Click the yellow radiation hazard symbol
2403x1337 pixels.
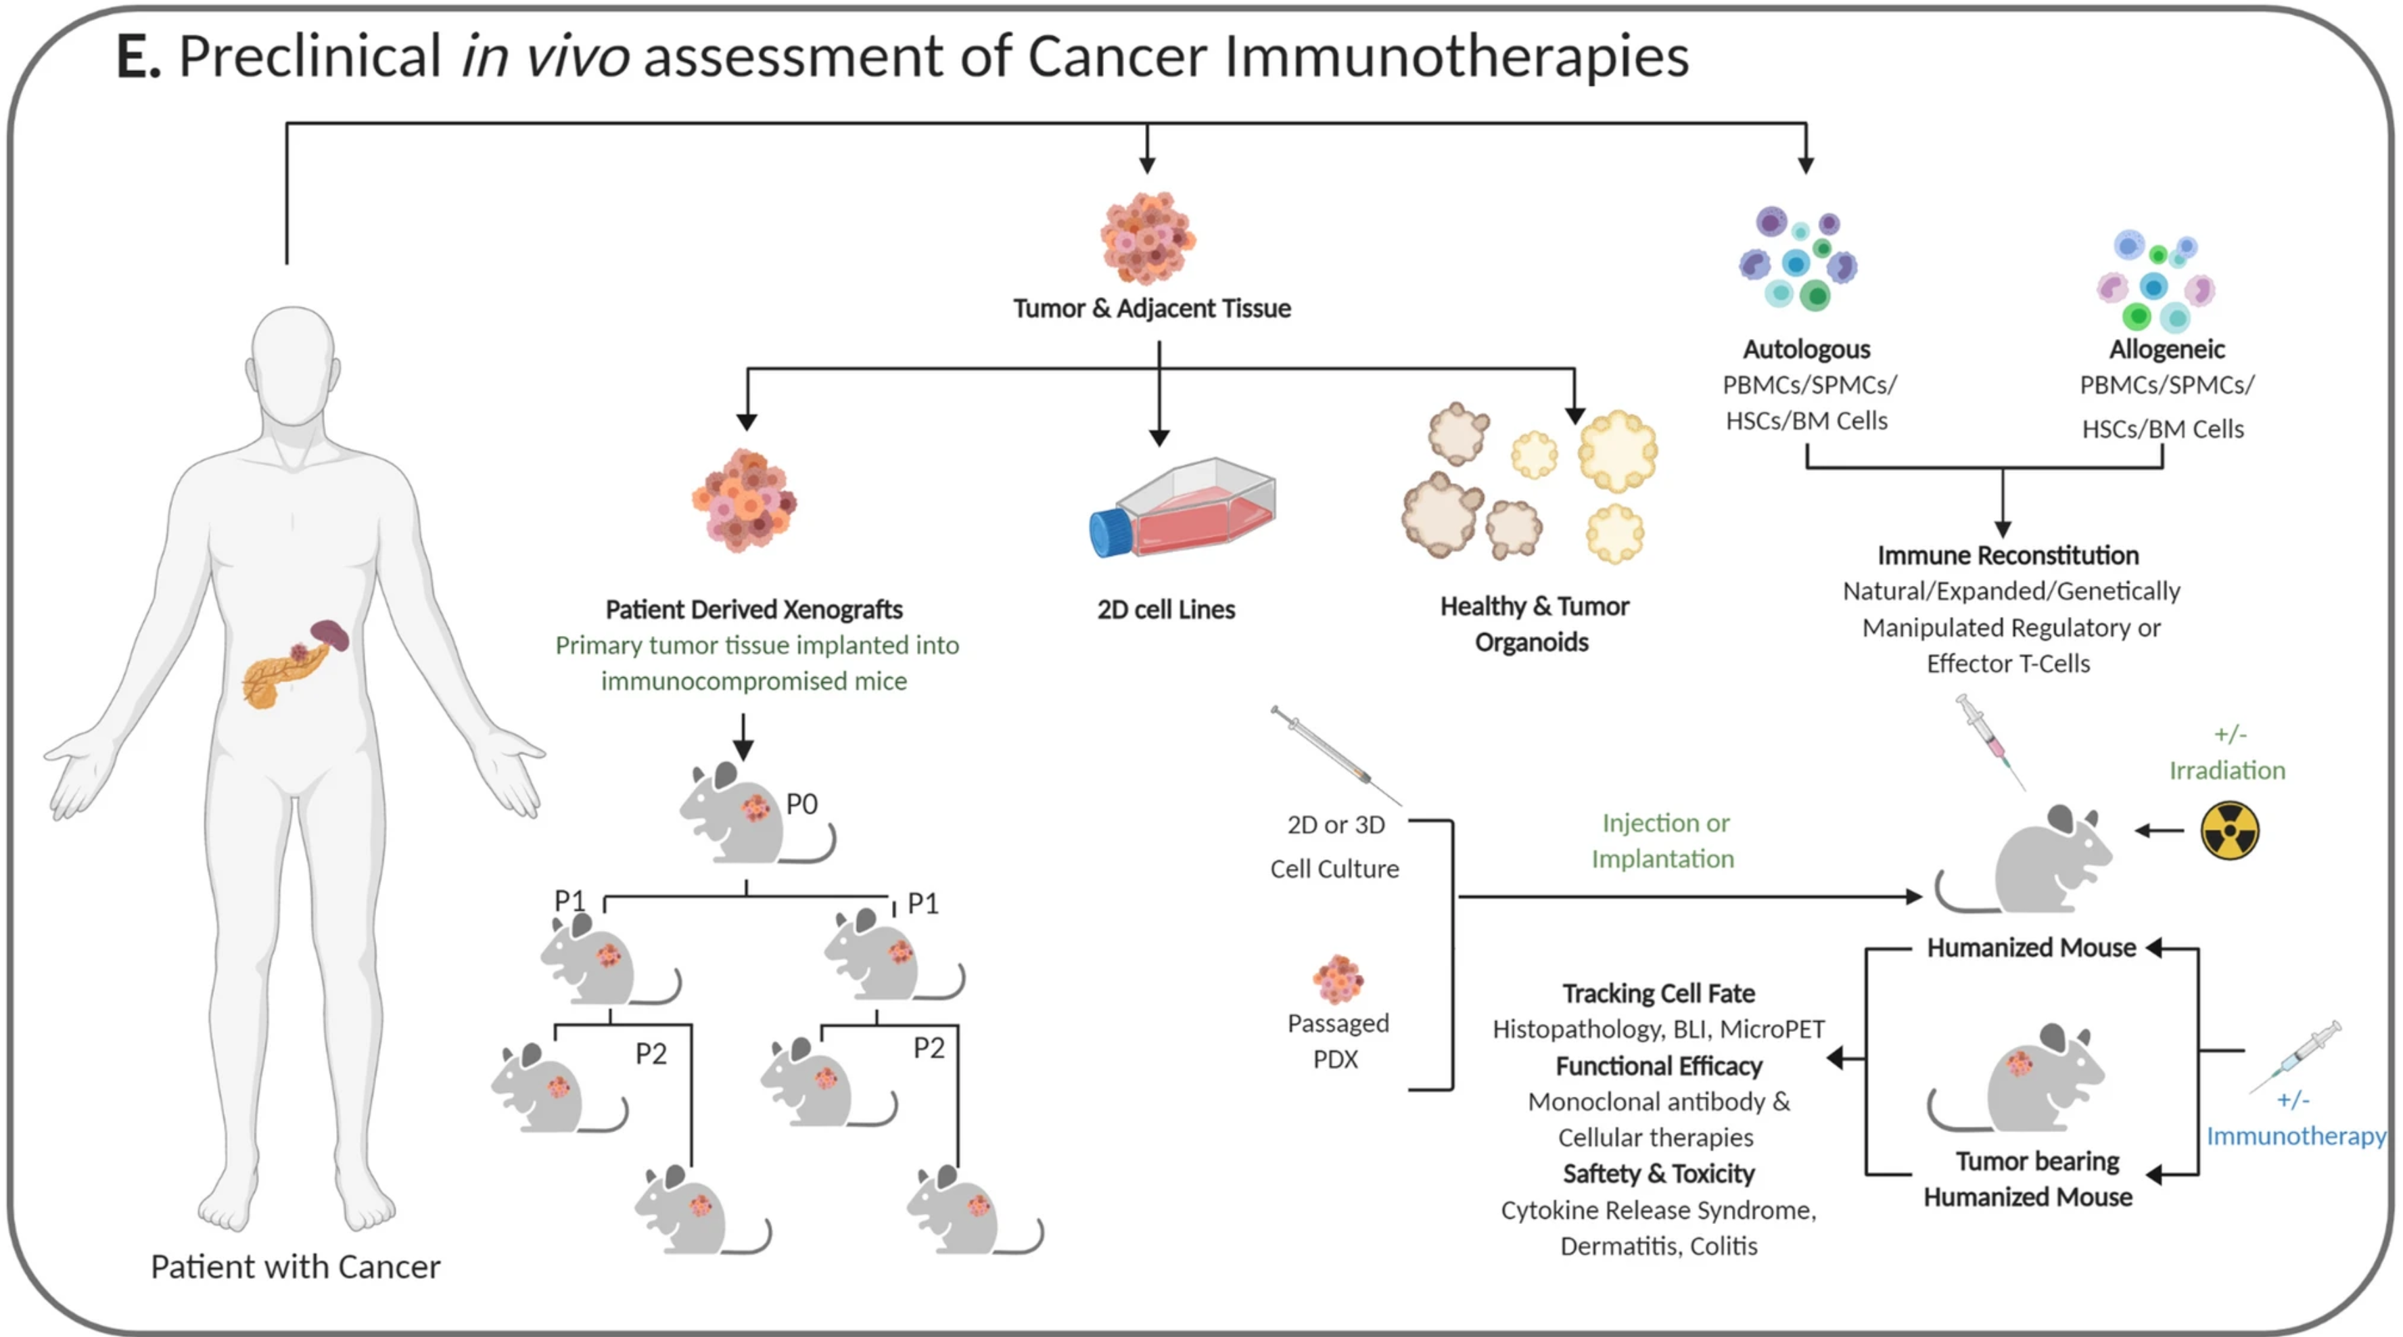click(2229, 830)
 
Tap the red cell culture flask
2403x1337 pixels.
click(1183, 509)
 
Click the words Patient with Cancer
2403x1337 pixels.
click(296, 1266)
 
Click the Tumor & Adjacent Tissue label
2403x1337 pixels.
click(1152, 308)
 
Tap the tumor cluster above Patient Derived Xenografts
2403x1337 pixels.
click(745, 500)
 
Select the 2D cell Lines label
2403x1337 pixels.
click(1166, 609)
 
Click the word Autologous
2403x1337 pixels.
click(1807, 349)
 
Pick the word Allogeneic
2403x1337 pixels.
click(2167, 349)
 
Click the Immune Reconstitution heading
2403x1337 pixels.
click(2007, 555)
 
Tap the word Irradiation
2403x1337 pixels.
click(2226, 770)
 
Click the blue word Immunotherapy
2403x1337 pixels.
click(2295, 1135)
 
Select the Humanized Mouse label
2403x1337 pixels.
click(2031, 947)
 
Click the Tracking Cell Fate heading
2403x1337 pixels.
click(1658, 993)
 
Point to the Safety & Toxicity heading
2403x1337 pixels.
click(1658, 1173)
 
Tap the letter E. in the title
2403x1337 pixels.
click(138, 56)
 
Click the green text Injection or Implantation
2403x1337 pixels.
click(1663, 840)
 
